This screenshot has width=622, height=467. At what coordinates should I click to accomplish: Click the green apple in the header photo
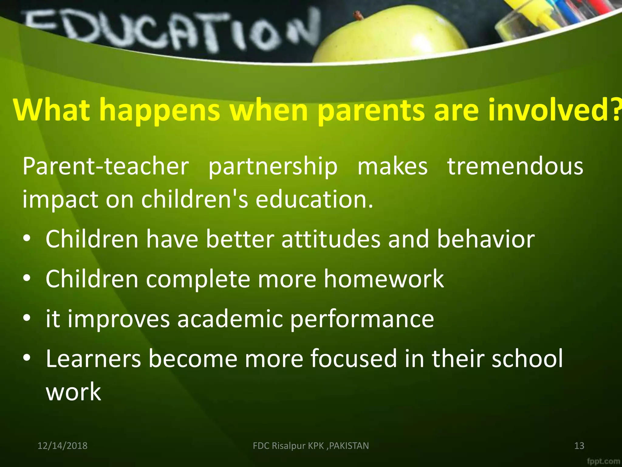tap(392, 36)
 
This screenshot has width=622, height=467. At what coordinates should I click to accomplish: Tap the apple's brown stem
tap(358, 15)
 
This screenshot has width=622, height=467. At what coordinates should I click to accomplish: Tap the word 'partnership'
tap(273, 167)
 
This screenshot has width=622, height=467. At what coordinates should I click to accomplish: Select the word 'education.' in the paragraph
tap(314, 199)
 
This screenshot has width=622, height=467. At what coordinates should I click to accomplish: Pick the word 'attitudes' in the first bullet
tap(331, 239)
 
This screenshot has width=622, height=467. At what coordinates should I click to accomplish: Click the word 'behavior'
tap(486, 239)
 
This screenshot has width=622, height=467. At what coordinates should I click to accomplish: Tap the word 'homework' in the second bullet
tap(384, 279)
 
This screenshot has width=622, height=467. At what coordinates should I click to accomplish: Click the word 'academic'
tap(230, 319)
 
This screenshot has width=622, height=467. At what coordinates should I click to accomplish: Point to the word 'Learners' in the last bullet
tap(93, 359)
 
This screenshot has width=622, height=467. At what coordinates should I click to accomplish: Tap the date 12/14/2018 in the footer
tap(62, 446)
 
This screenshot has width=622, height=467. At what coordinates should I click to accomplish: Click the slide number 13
tap(579, 446)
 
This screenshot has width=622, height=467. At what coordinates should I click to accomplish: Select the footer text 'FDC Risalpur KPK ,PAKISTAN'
tap(311, 446)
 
